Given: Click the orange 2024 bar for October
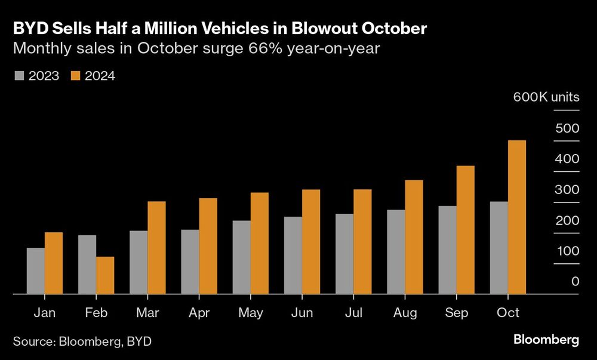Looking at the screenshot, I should pos(516,217).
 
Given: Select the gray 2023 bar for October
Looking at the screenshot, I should pos(498,248).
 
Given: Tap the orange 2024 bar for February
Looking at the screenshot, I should pos(105,275).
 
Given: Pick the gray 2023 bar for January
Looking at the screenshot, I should pos(36,271).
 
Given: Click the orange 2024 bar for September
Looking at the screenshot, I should pos(465,230).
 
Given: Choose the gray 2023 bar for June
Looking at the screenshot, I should pos(293,256).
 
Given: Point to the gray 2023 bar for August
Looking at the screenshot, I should pos(396,252).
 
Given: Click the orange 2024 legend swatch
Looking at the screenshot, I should pos(76,76).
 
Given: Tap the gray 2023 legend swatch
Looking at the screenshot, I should pos(19,76).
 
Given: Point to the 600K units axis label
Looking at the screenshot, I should pos(546,97).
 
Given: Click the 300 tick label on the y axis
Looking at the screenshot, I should pos(567,190).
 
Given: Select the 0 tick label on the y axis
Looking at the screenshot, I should pos(575,281).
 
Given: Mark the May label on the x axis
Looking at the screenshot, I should pos(250,313).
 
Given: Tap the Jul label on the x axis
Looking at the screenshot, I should pos(353,313).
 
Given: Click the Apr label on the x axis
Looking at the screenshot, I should pos(199,313).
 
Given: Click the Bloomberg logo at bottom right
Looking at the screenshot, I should pos(546,340).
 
